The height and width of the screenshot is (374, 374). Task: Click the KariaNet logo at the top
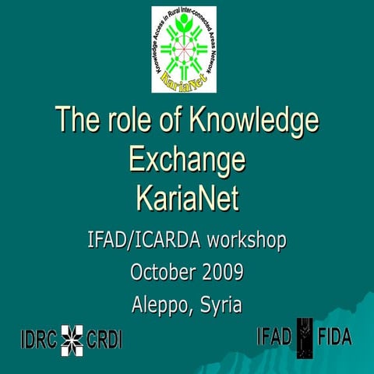pyautogui.click(x=184, y=48)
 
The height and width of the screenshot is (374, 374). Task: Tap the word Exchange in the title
pyautogui.click(x=187, y=160)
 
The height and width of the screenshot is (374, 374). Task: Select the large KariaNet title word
pyautogui.click(x=187, y=198)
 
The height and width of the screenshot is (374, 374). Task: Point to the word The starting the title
pyautogui.click(x=76, y=121)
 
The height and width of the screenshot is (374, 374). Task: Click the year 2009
pyautogui.click(x=221, y=273)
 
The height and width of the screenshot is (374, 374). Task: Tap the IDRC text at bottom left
pyautogui.click(x=39, y=340)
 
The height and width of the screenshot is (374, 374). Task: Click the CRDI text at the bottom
pyautogui.click(x=104, y=340)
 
